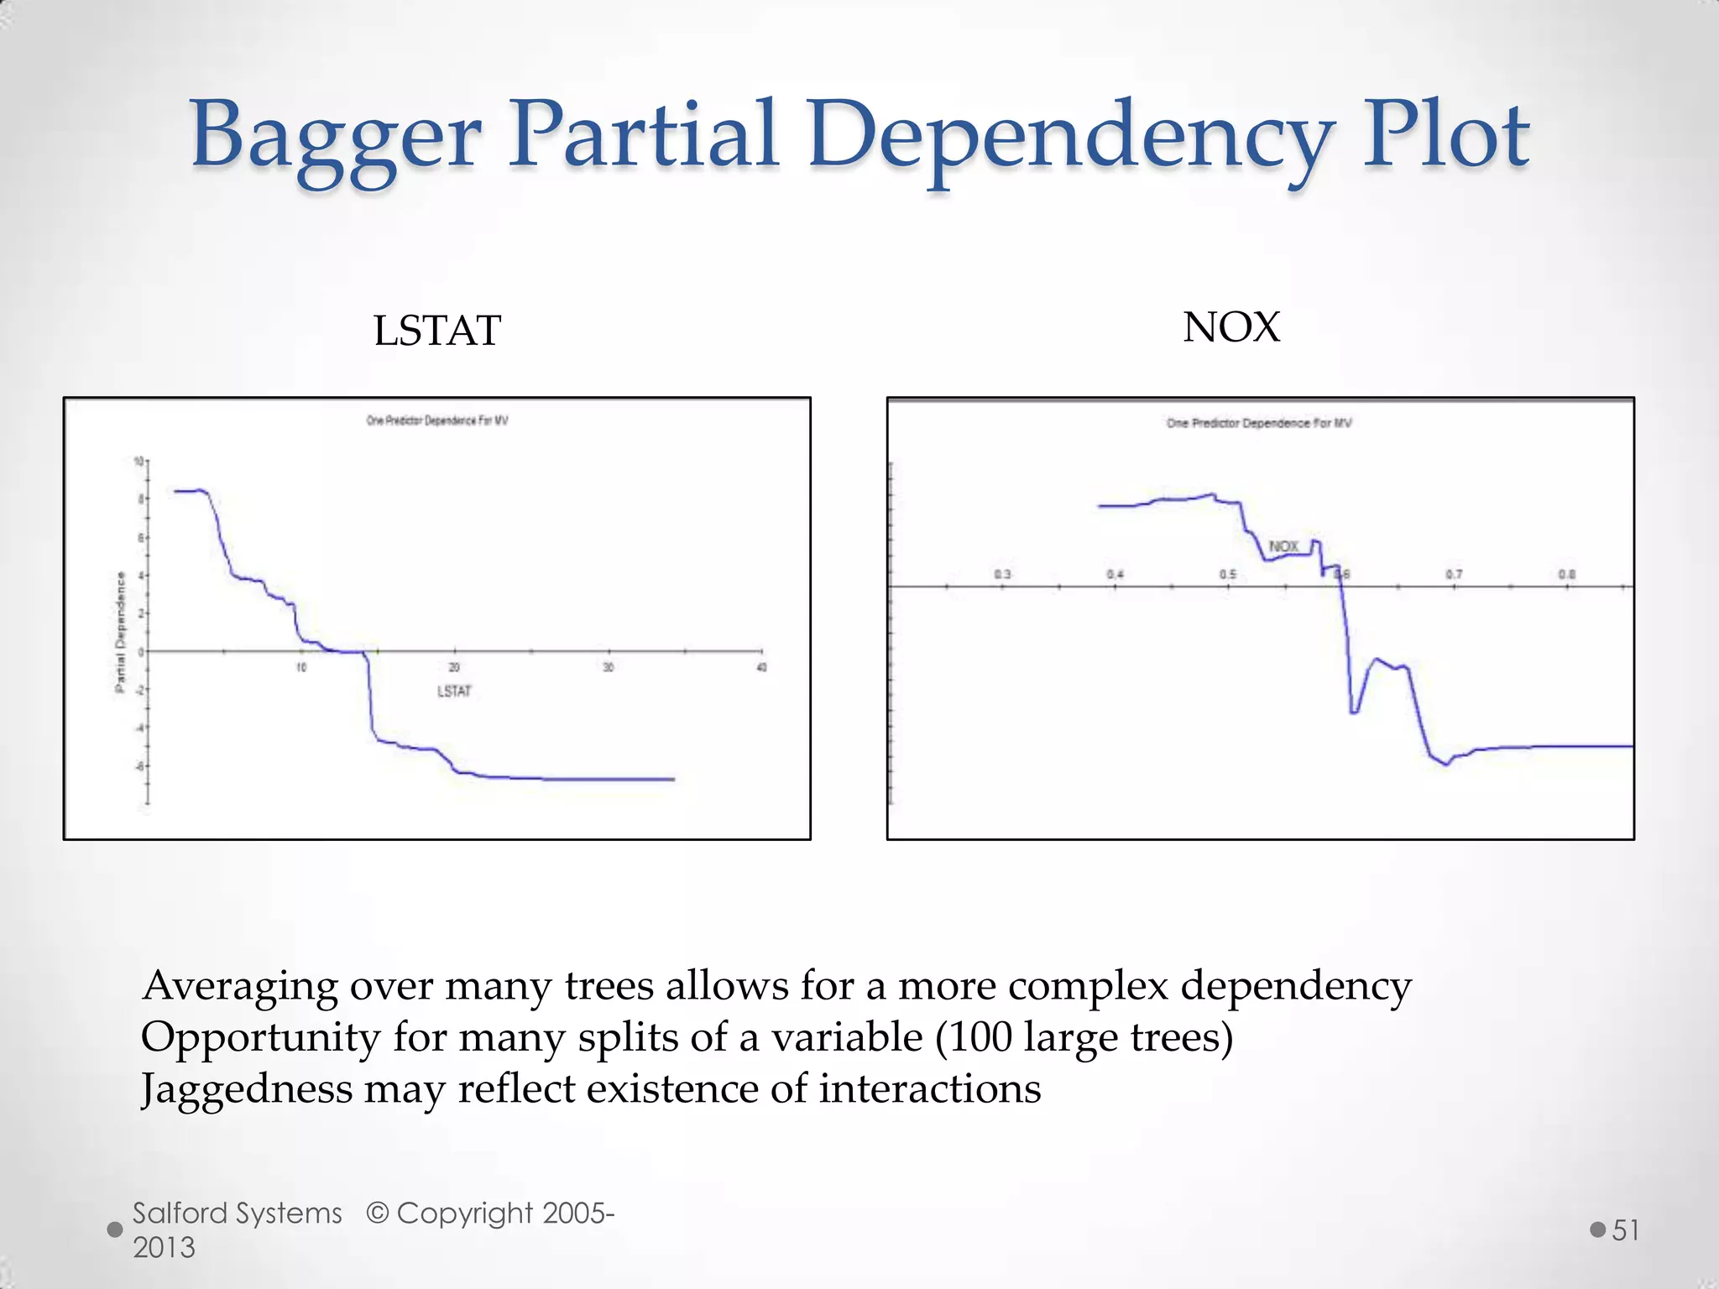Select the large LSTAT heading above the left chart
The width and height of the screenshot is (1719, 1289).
coord(436,331)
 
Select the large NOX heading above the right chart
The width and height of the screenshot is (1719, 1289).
coord(1231,327)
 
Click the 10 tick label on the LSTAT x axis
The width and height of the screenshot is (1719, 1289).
coord(301,668)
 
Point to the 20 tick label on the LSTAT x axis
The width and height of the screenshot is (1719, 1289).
coord(454,668)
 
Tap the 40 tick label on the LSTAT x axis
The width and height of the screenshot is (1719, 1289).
coord(761,668)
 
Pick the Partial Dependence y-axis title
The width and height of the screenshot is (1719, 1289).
coord(120,633)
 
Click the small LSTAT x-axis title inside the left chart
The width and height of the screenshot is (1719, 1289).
coord(454,691)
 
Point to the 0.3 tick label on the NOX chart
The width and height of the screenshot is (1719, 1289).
coord(1003,575)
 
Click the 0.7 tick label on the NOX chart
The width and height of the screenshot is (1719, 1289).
coord(1454,575)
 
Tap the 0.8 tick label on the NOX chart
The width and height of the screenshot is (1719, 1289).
coord(1566,575)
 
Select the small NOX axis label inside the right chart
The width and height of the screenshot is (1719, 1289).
coord(1283,547)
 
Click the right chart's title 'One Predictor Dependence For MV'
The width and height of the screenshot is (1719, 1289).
coord(1259,423)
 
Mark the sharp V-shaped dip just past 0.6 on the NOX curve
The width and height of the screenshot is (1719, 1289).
coord(1354,712)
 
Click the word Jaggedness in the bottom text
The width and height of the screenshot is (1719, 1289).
coord(248,1089)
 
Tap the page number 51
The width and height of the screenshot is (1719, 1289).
coord(1626,1230)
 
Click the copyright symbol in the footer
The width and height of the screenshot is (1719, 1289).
coord(378,1213)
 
